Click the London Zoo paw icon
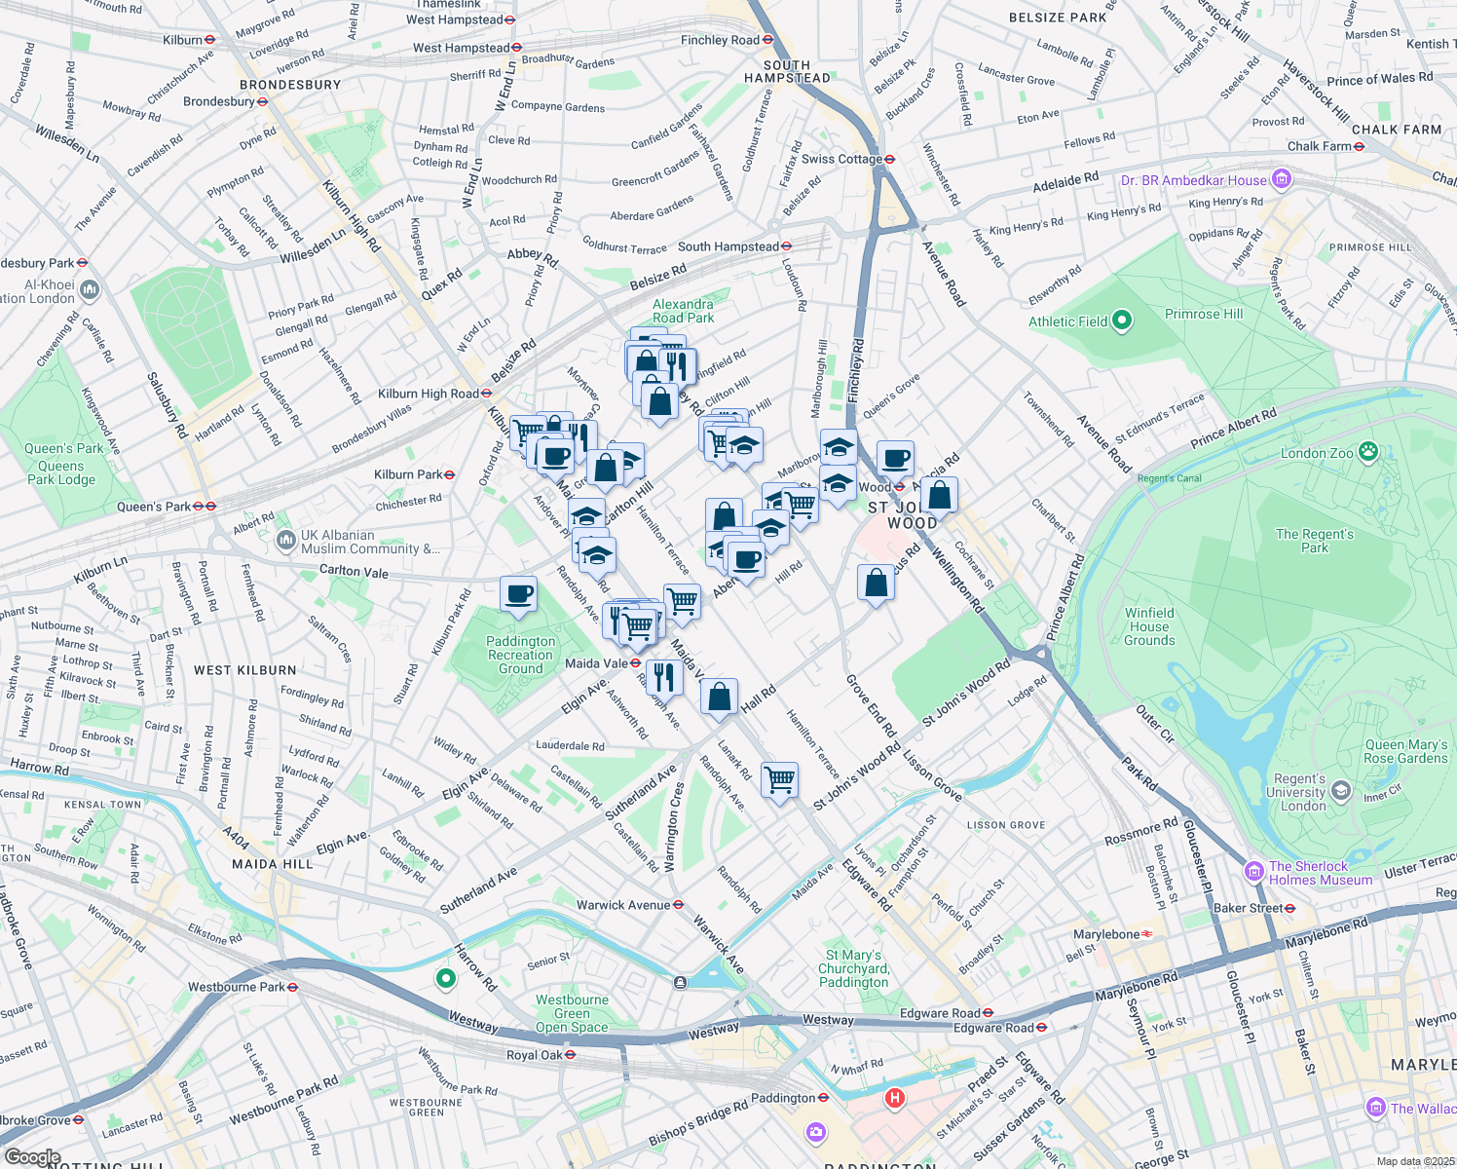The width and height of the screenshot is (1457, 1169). [1369, 451]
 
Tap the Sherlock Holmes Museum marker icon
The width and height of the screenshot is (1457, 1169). [1252, 868]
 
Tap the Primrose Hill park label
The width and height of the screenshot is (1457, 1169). [1204, 314]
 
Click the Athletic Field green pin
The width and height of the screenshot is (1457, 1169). [1121, 320]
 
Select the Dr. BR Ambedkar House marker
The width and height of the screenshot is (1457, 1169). [1282, 179]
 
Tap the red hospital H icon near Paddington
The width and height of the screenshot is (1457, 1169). [894, 1099]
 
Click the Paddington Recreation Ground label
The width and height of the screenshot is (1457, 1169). [521, 655]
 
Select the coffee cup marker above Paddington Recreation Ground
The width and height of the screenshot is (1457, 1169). [518, 594]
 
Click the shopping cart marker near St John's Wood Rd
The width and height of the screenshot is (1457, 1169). [780, 779]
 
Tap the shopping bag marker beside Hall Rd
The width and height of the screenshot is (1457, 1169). [719, 698]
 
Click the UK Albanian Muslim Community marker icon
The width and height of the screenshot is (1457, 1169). [286, 540]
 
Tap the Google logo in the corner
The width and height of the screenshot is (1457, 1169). [32, 1157]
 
